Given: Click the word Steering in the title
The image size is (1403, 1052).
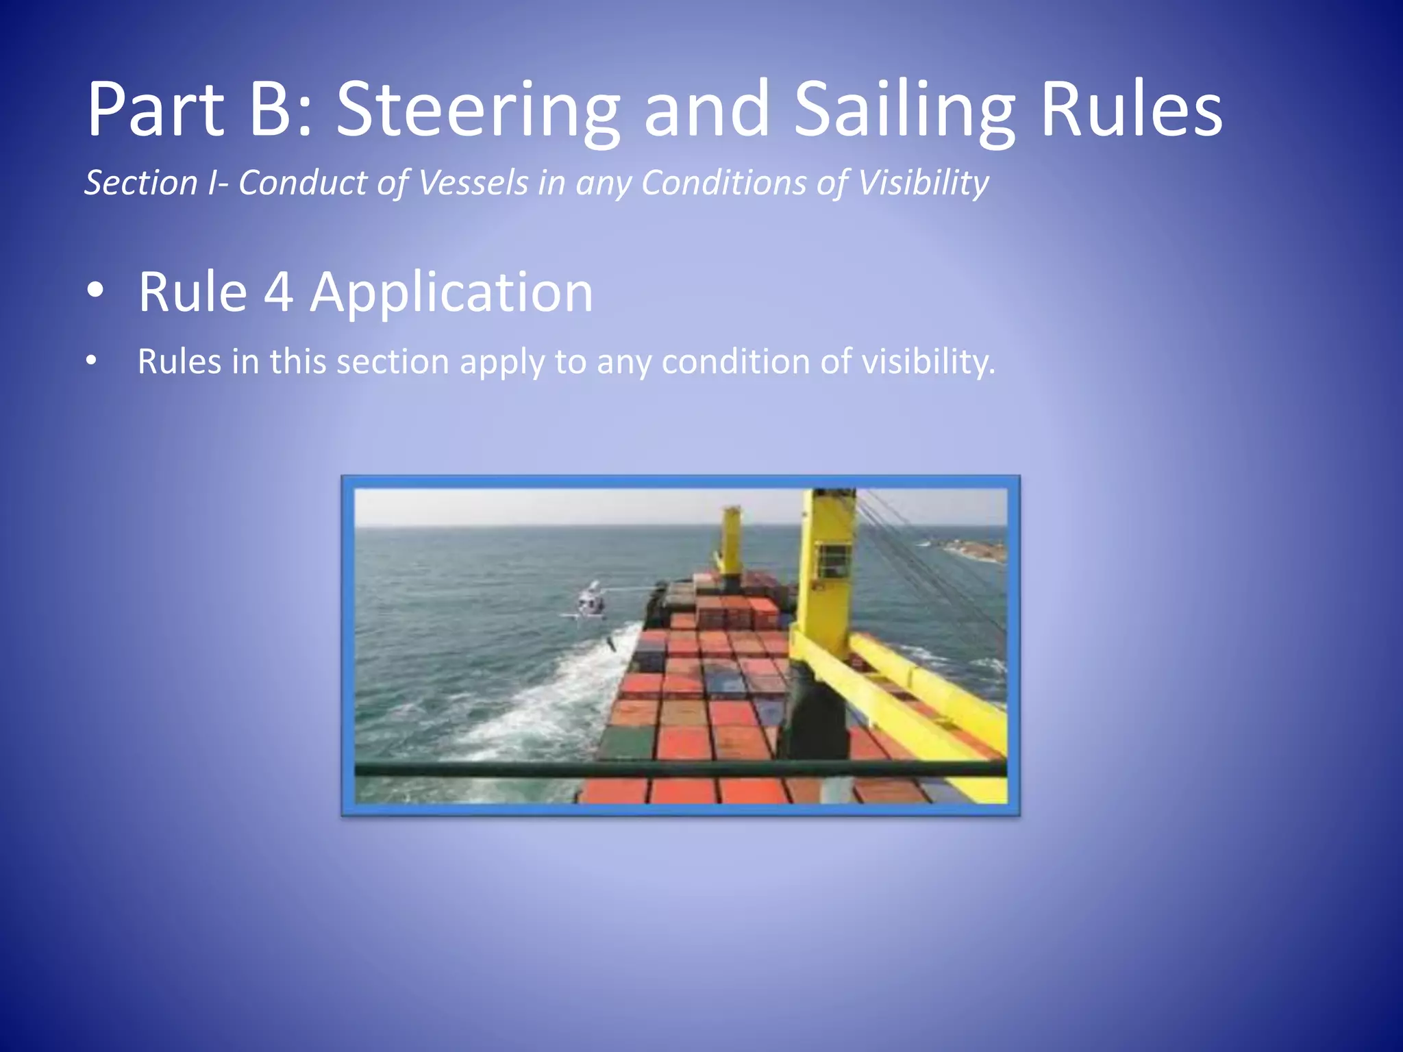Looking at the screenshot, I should tap(477, 110).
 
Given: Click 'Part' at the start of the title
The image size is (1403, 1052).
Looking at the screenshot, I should tap(156, 110).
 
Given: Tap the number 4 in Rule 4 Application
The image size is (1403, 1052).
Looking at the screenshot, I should tap(278, 292).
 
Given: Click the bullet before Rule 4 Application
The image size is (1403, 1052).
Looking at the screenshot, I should tap(95, 291).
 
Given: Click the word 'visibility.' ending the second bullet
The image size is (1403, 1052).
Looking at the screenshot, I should tap(928, 362).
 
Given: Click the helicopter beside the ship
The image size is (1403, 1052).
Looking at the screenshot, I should tap(590, 601).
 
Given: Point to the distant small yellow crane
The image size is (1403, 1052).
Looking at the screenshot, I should tap(731, 538).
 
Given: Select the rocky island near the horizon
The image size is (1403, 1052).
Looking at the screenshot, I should tap(973, 548).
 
